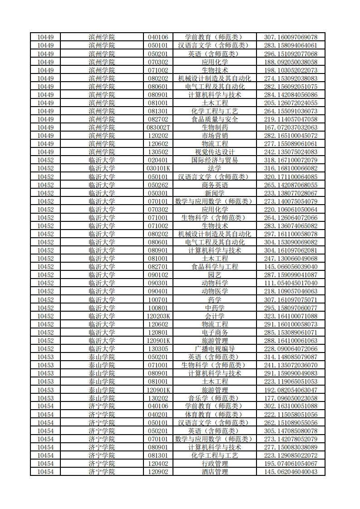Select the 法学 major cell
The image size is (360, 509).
tap(215, 168)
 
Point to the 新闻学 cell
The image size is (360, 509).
tap(215, 193)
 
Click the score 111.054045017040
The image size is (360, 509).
tap(291, 283)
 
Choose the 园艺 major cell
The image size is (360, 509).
tap(215, 275)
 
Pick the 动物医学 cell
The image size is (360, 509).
tap(215, 291)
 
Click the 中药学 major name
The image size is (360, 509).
tap(215, 308)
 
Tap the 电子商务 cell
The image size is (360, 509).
tap(215, 333)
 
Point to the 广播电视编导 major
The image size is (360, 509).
tap(215, 349)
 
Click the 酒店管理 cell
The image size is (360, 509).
tap(215, 472)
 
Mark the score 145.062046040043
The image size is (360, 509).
tap(291, 472)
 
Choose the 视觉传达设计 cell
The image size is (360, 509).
tap(215, 152)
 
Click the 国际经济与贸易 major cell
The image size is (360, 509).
tap(215, 160)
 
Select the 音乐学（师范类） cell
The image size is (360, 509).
tap(215, 398)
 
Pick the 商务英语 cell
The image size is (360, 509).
tap(215, 185)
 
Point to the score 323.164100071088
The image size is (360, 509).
tap(291, 316)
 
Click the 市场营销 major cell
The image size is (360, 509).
tap(215, 136)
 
